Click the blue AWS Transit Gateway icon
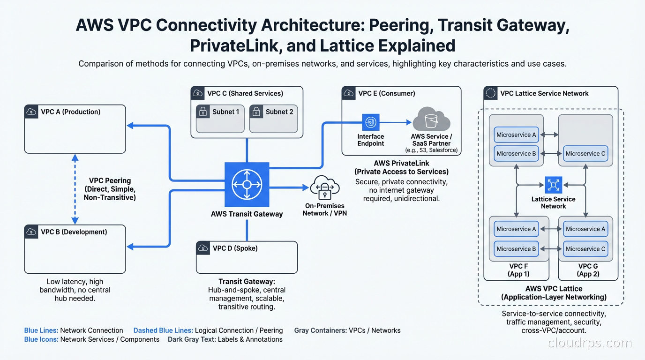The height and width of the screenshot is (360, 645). [x=247, y=185]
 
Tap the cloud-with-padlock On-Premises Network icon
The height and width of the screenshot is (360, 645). [x=324, y=188]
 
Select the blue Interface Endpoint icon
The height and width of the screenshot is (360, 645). [x=370, y=123]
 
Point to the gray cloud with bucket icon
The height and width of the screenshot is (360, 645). [x=431, y=120]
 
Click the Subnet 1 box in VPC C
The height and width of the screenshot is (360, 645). [x=220, y=118]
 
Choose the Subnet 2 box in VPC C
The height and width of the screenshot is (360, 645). [x=273, y=118]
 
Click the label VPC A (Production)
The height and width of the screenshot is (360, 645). [x=70, y=112]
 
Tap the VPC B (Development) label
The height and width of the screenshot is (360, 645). [x=74, y=232]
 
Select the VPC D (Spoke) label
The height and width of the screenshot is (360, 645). [x=235, y=248]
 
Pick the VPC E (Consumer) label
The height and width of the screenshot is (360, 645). [x=386, y=93]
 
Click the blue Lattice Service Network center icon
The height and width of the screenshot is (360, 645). [x=553, y=185]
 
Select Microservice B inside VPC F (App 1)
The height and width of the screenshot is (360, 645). [x=516, y=249]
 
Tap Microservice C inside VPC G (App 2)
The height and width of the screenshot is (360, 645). [x=585, y=249]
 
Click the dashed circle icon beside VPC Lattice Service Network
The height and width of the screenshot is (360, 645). [x=491, y=93]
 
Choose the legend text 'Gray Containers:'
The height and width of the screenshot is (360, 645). [x=320, y=330]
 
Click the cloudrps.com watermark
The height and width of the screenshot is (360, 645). [x=590, y=343]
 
